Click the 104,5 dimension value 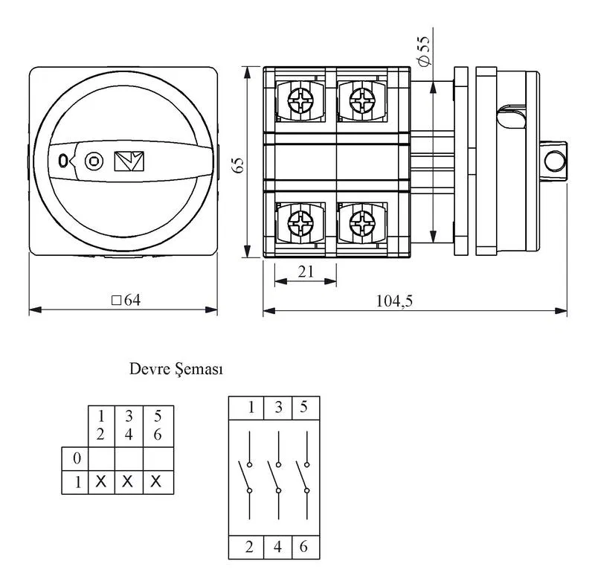[x=394, y=301]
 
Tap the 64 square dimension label [x=126, y=301]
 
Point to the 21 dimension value [x=306, y=272]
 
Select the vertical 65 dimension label [x=238, y=165]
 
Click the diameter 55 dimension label [x=424, y=51]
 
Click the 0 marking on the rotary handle [x=63, y=161]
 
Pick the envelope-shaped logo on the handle [x=129, y=161]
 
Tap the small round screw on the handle [x=94, y=161]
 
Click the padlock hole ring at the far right [x=555, y=161]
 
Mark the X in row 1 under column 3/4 [x=128, y=481]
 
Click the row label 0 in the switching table [x=77, y=458]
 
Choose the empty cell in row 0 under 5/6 [x=158, y=459]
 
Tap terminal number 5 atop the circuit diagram [x=303, y=407]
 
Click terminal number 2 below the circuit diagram [x=249, y=547]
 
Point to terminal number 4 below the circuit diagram [x=277, y=547]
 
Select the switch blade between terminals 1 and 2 [x=244, y=476]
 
